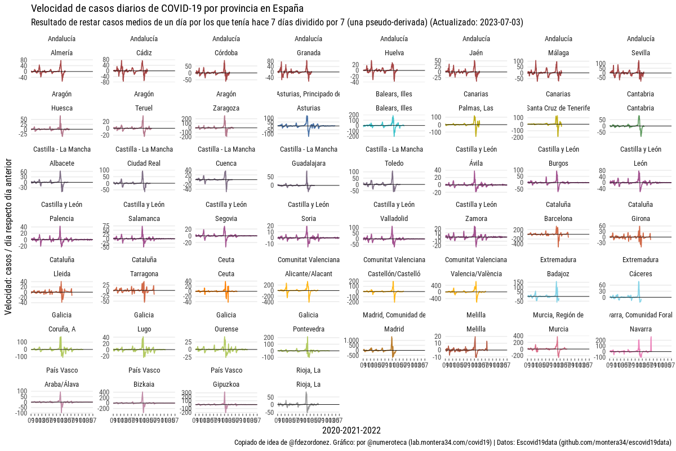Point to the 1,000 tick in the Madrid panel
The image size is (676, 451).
(x=351, y=340)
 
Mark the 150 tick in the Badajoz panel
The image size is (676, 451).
(x=516, y=282)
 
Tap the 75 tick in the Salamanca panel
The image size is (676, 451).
(x=104, y=226)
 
